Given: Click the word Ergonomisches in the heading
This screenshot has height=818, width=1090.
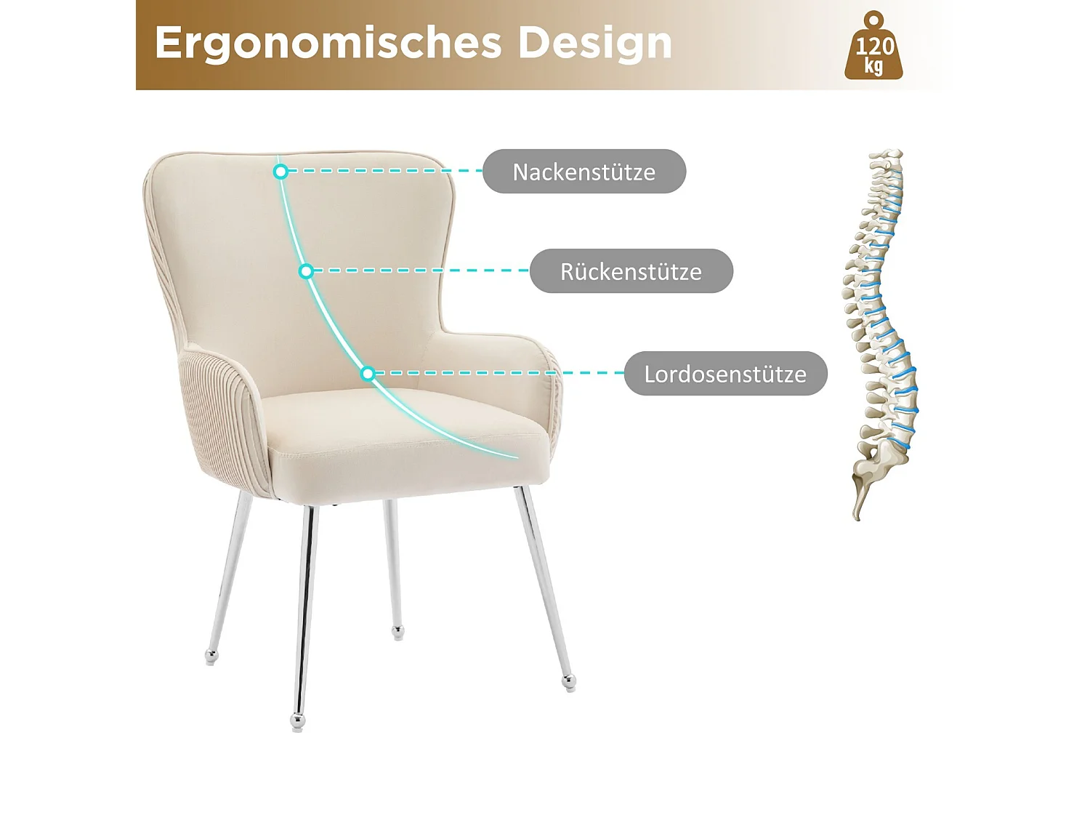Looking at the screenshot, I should [328, 43].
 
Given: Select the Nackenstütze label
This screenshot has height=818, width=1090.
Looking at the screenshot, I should [584, 172].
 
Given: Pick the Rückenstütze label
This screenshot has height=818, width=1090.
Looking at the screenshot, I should [631, 271].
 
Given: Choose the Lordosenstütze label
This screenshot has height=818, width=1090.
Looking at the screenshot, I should [725, 374].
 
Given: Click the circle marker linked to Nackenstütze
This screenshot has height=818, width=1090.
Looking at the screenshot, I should [280, 172].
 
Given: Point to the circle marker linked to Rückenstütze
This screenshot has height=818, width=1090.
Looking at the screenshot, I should [306, 271].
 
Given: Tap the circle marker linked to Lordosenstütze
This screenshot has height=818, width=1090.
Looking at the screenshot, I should [368, 374].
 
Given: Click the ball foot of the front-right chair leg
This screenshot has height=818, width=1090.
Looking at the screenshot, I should [569, 681].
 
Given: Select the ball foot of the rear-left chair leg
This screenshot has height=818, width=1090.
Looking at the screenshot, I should [211, 657].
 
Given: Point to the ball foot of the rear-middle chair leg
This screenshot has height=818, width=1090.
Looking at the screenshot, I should [397, 631].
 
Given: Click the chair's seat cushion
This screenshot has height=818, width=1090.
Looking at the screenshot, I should [407, 436].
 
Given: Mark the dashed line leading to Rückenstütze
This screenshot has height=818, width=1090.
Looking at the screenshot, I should [421, 270].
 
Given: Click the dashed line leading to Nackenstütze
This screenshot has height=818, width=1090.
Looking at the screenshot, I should [385, 171].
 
